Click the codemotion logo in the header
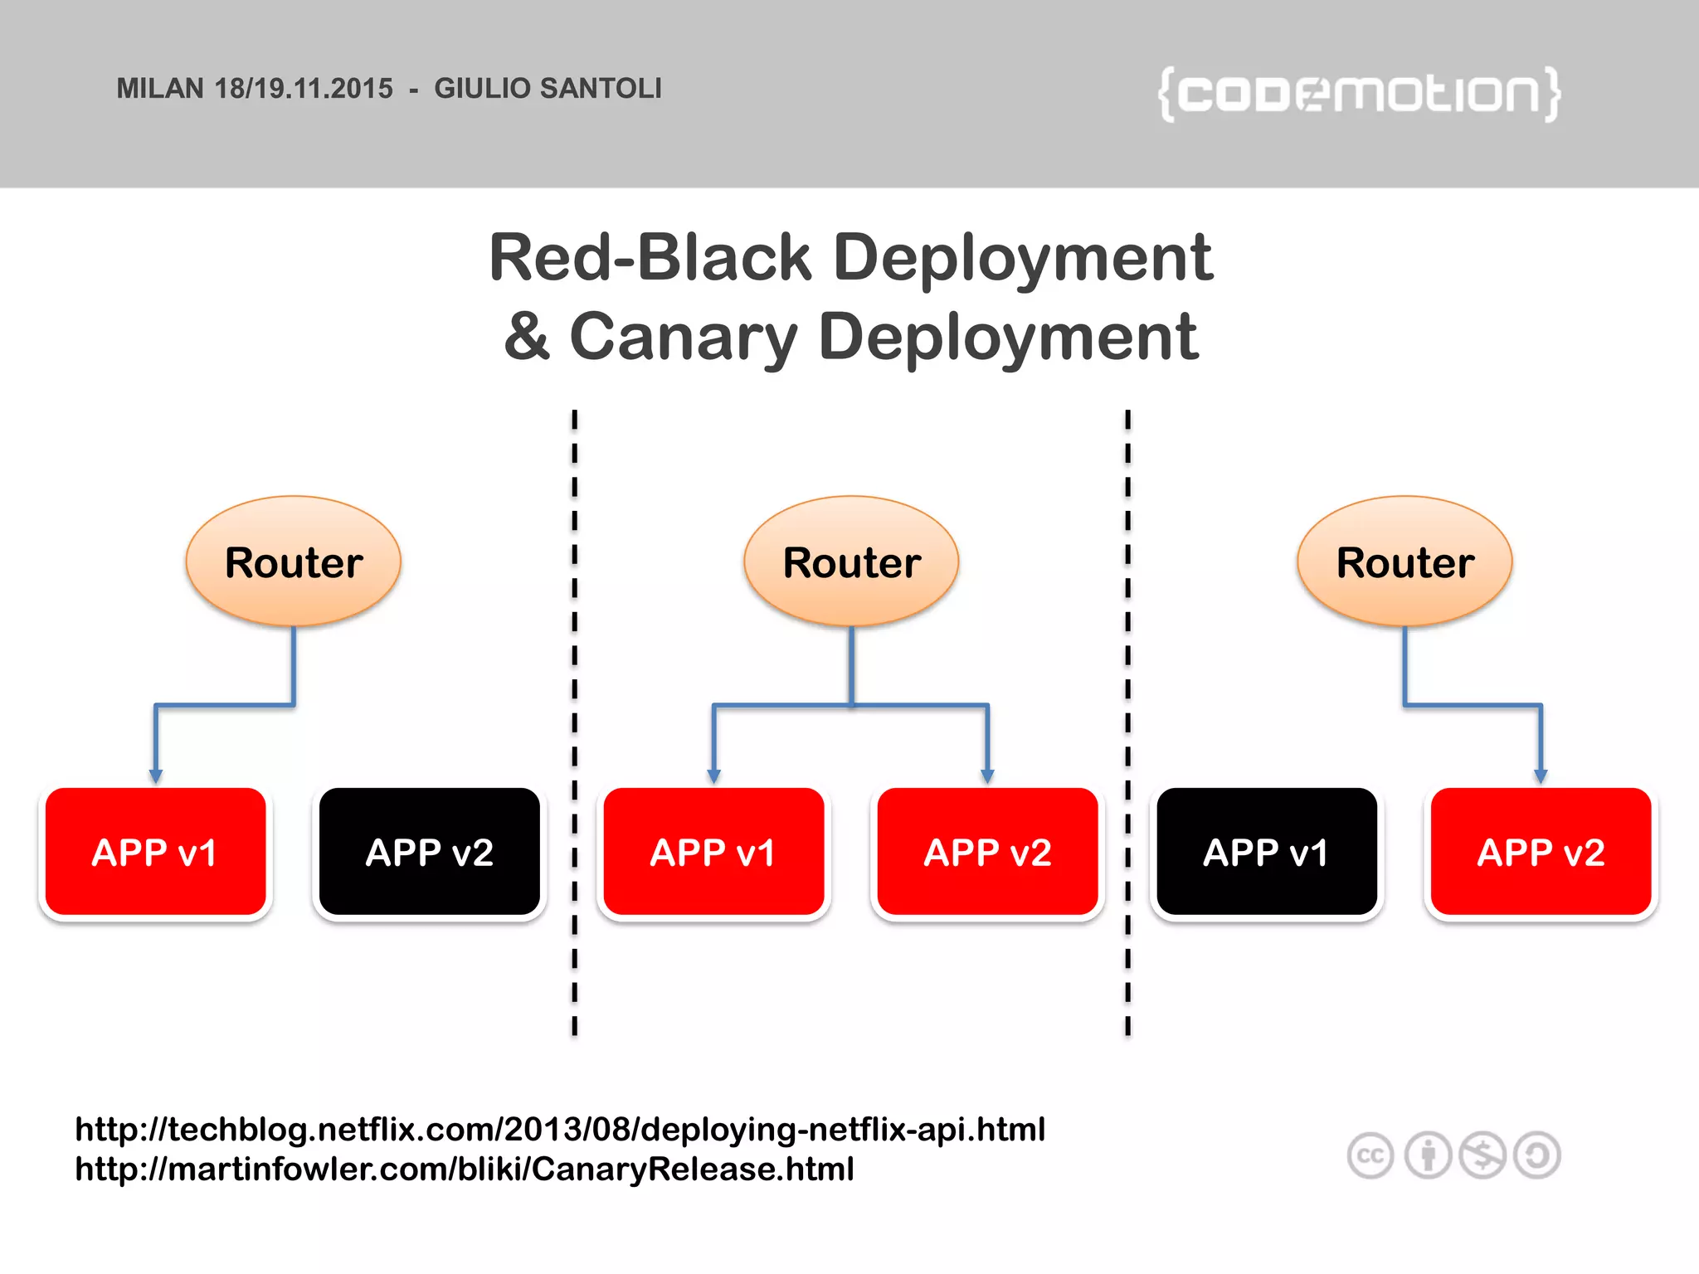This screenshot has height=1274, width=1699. pos(1359,94)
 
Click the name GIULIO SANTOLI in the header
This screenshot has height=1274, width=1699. pos(548,89)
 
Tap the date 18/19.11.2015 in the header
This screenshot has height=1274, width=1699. pos(304,89)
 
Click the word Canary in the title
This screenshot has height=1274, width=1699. pos(683,338)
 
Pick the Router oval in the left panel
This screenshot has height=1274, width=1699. pos(294,562)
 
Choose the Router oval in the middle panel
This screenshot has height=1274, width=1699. pos(851,562)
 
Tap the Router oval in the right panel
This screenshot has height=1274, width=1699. pos(1404,562)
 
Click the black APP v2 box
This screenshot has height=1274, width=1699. pos(430,852)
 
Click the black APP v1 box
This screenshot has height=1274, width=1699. pos(1266,852)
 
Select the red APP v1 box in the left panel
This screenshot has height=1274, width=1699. pos(155,852)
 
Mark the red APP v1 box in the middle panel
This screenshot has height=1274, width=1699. pos(713,852)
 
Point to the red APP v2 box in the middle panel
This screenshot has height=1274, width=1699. pos(987,852)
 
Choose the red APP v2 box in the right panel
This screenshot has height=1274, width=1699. pos(1541,852)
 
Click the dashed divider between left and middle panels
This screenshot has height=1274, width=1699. pos(574,722)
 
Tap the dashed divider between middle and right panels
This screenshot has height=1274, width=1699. pos(1127,722)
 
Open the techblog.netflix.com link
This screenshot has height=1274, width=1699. pos(560,1130)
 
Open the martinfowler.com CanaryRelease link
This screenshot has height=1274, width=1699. pos(465,1169)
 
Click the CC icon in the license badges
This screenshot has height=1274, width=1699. pos(1370,1155)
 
